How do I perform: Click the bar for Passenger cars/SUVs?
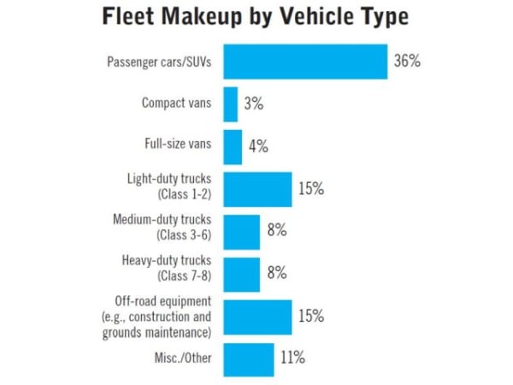tap(305, 62)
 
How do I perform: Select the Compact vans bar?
tap(231, 104)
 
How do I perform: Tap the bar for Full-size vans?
tap(233, 146)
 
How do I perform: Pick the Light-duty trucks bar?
tap(257, 189)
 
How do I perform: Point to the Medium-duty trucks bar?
tap(242, 231)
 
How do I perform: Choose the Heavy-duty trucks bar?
tap(242, 274)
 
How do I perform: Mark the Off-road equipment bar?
tap(257, 316)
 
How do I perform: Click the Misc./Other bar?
tap(249, 358)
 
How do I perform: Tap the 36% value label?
tap(407, 62)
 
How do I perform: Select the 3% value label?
tap(253, 104)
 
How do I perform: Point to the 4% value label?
tap(258, 146)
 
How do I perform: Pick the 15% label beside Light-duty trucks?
tap(311, 189)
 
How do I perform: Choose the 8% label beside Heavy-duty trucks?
tap(275, 274)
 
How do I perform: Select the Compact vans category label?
tap(178, 104)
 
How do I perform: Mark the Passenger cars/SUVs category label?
tap(159, 62)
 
